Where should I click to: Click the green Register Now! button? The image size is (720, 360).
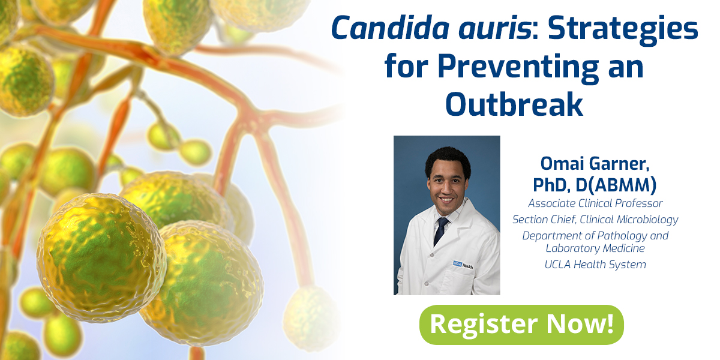[x=521, y=325]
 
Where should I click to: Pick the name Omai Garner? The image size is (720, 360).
[x=595, y=164]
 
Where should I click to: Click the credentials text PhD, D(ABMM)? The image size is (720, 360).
[x=595, y=184]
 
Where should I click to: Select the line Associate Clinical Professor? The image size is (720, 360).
[x=595, y=203]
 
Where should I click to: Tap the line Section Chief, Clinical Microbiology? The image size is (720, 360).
[x=595, y=220]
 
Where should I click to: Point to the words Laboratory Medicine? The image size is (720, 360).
[x=595, y=248]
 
